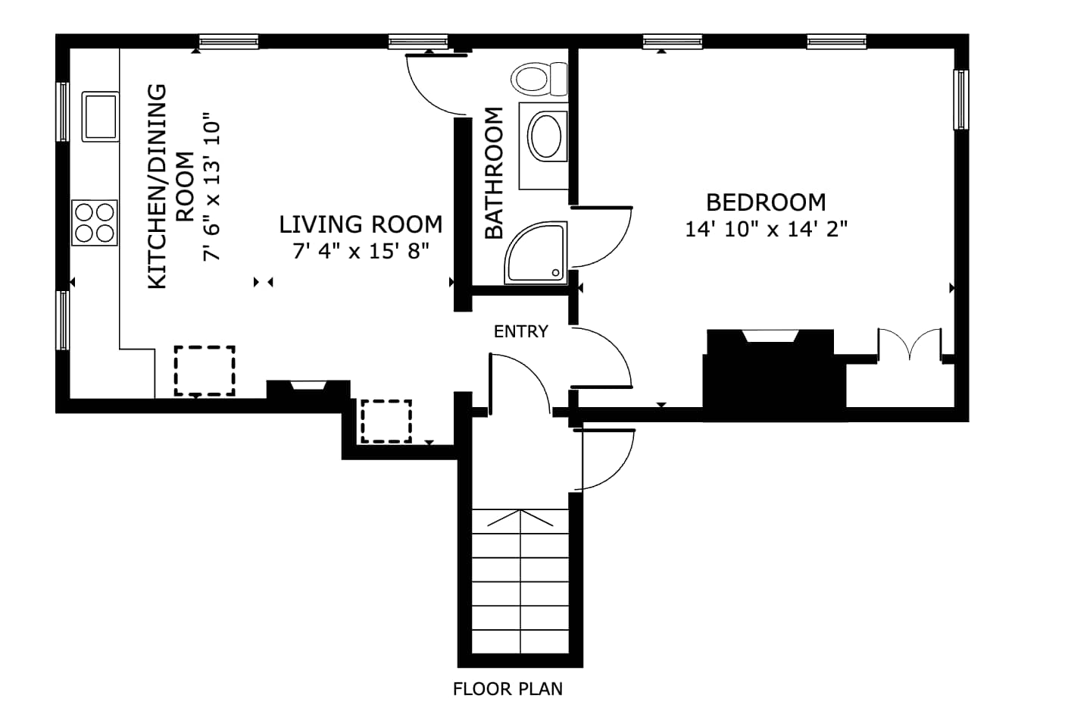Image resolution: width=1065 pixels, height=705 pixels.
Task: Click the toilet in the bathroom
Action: click(539, 79)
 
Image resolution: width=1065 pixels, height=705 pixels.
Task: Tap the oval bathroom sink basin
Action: click(546, 135)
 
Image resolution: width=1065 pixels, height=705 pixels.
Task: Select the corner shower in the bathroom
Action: click(536, 252)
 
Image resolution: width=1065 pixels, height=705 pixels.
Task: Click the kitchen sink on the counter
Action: click(100, 117)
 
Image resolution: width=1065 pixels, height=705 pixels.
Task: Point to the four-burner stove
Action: click(95, 223)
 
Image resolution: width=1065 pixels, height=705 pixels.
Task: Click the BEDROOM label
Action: click(766, 202)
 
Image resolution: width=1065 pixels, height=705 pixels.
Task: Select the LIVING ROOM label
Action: click(361, 224)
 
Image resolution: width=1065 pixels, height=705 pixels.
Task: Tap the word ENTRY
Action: click(521, 331)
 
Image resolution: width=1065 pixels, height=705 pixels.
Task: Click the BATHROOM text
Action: click(494, 173)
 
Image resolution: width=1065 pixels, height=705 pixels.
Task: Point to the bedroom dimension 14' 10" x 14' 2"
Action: click(766, 229)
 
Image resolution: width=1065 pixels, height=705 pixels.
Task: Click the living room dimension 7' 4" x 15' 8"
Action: click(361, 251)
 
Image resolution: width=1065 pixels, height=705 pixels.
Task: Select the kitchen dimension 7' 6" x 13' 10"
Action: click(212, 186)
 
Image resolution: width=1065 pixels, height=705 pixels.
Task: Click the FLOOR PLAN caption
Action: click(508, 689)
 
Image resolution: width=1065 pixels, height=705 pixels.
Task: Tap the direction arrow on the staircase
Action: click(520, 518)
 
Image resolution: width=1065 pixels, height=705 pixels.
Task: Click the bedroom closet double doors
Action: click(909, 344)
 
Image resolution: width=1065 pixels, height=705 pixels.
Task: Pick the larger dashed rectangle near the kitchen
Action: click(205, 371)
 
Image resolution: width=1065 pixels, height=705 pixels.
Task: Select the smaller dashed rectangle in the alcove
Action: click(386, 421)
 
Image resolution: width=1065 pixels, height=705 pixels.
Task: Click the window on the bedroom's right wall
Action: click(961, 100)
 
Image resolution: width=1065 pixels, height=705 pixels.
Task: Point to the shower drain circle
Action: click(555, 273)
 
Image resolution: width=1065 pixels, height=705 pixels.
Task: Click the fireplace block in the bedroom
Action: click(774, 375)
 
